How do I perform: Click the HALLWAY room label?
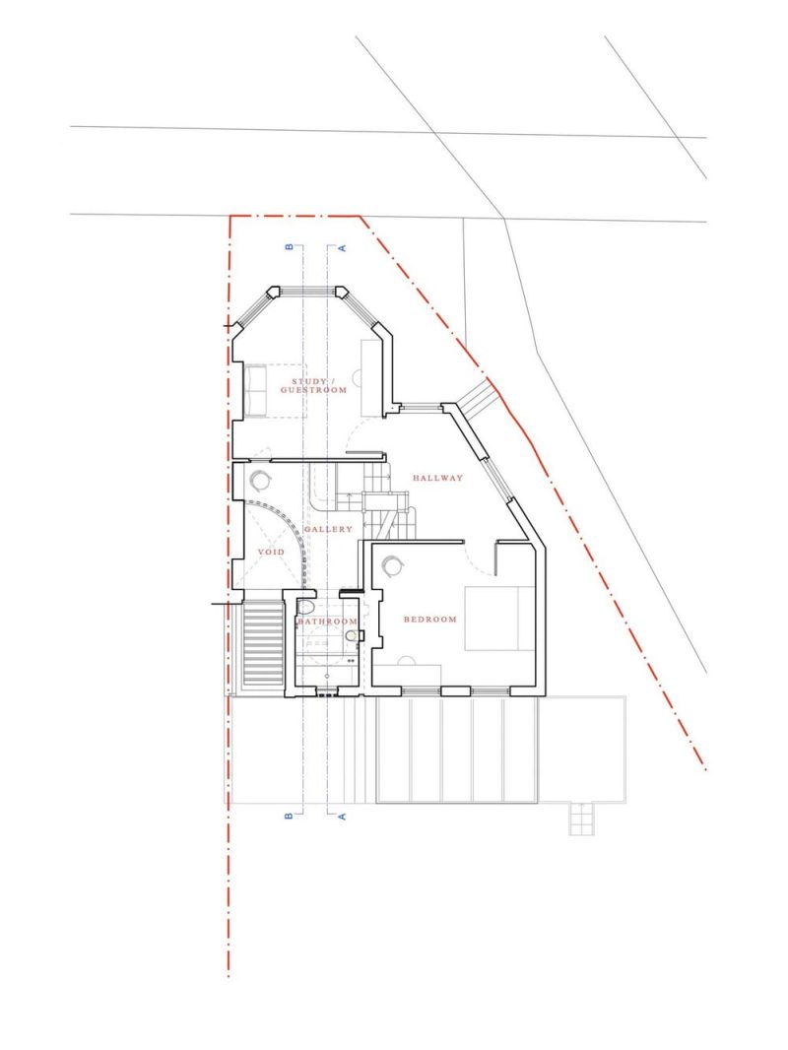point(438,478)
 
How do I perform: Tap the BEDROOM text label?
point(429,620)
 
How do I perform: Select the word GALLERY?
point(328,529)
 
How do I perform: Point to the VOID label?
point(271,552)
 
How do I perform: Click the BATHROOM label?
point(327,622)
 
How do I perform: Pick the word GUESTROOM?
point(313,390)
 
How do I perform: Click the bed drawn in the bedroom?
point(500,619)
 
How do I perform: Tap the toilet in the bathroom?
point(305,608)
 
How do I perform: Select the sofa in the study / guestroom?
point(256,391)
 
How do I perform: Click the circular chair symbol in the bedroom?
point(392,565)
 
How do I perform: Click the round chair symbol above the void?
point(260,480)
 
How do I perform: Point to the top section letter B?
point(290,247)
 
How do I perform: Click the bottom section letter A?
point(342,817)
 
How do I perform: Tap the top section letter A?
point(342,248)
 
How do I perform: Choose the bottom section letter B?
point(290,817)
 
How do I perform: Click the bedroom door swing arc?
point(477,564)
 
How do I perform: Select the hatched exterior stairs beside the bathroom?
point(262,644)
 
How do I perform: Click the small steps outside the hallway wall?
point(478,395)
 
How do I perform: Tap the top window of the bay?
point(307,292)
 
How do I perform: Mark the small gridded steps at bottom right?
point(580,819)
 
